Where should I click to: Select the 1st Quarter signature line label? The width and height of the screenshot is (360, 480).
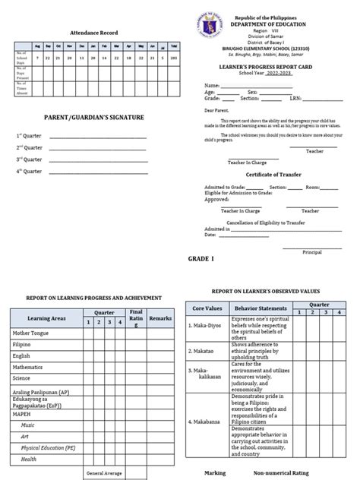coord(30,136)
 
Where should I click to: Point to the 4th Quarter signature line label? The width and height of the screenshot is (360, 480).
coord(30,172)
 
